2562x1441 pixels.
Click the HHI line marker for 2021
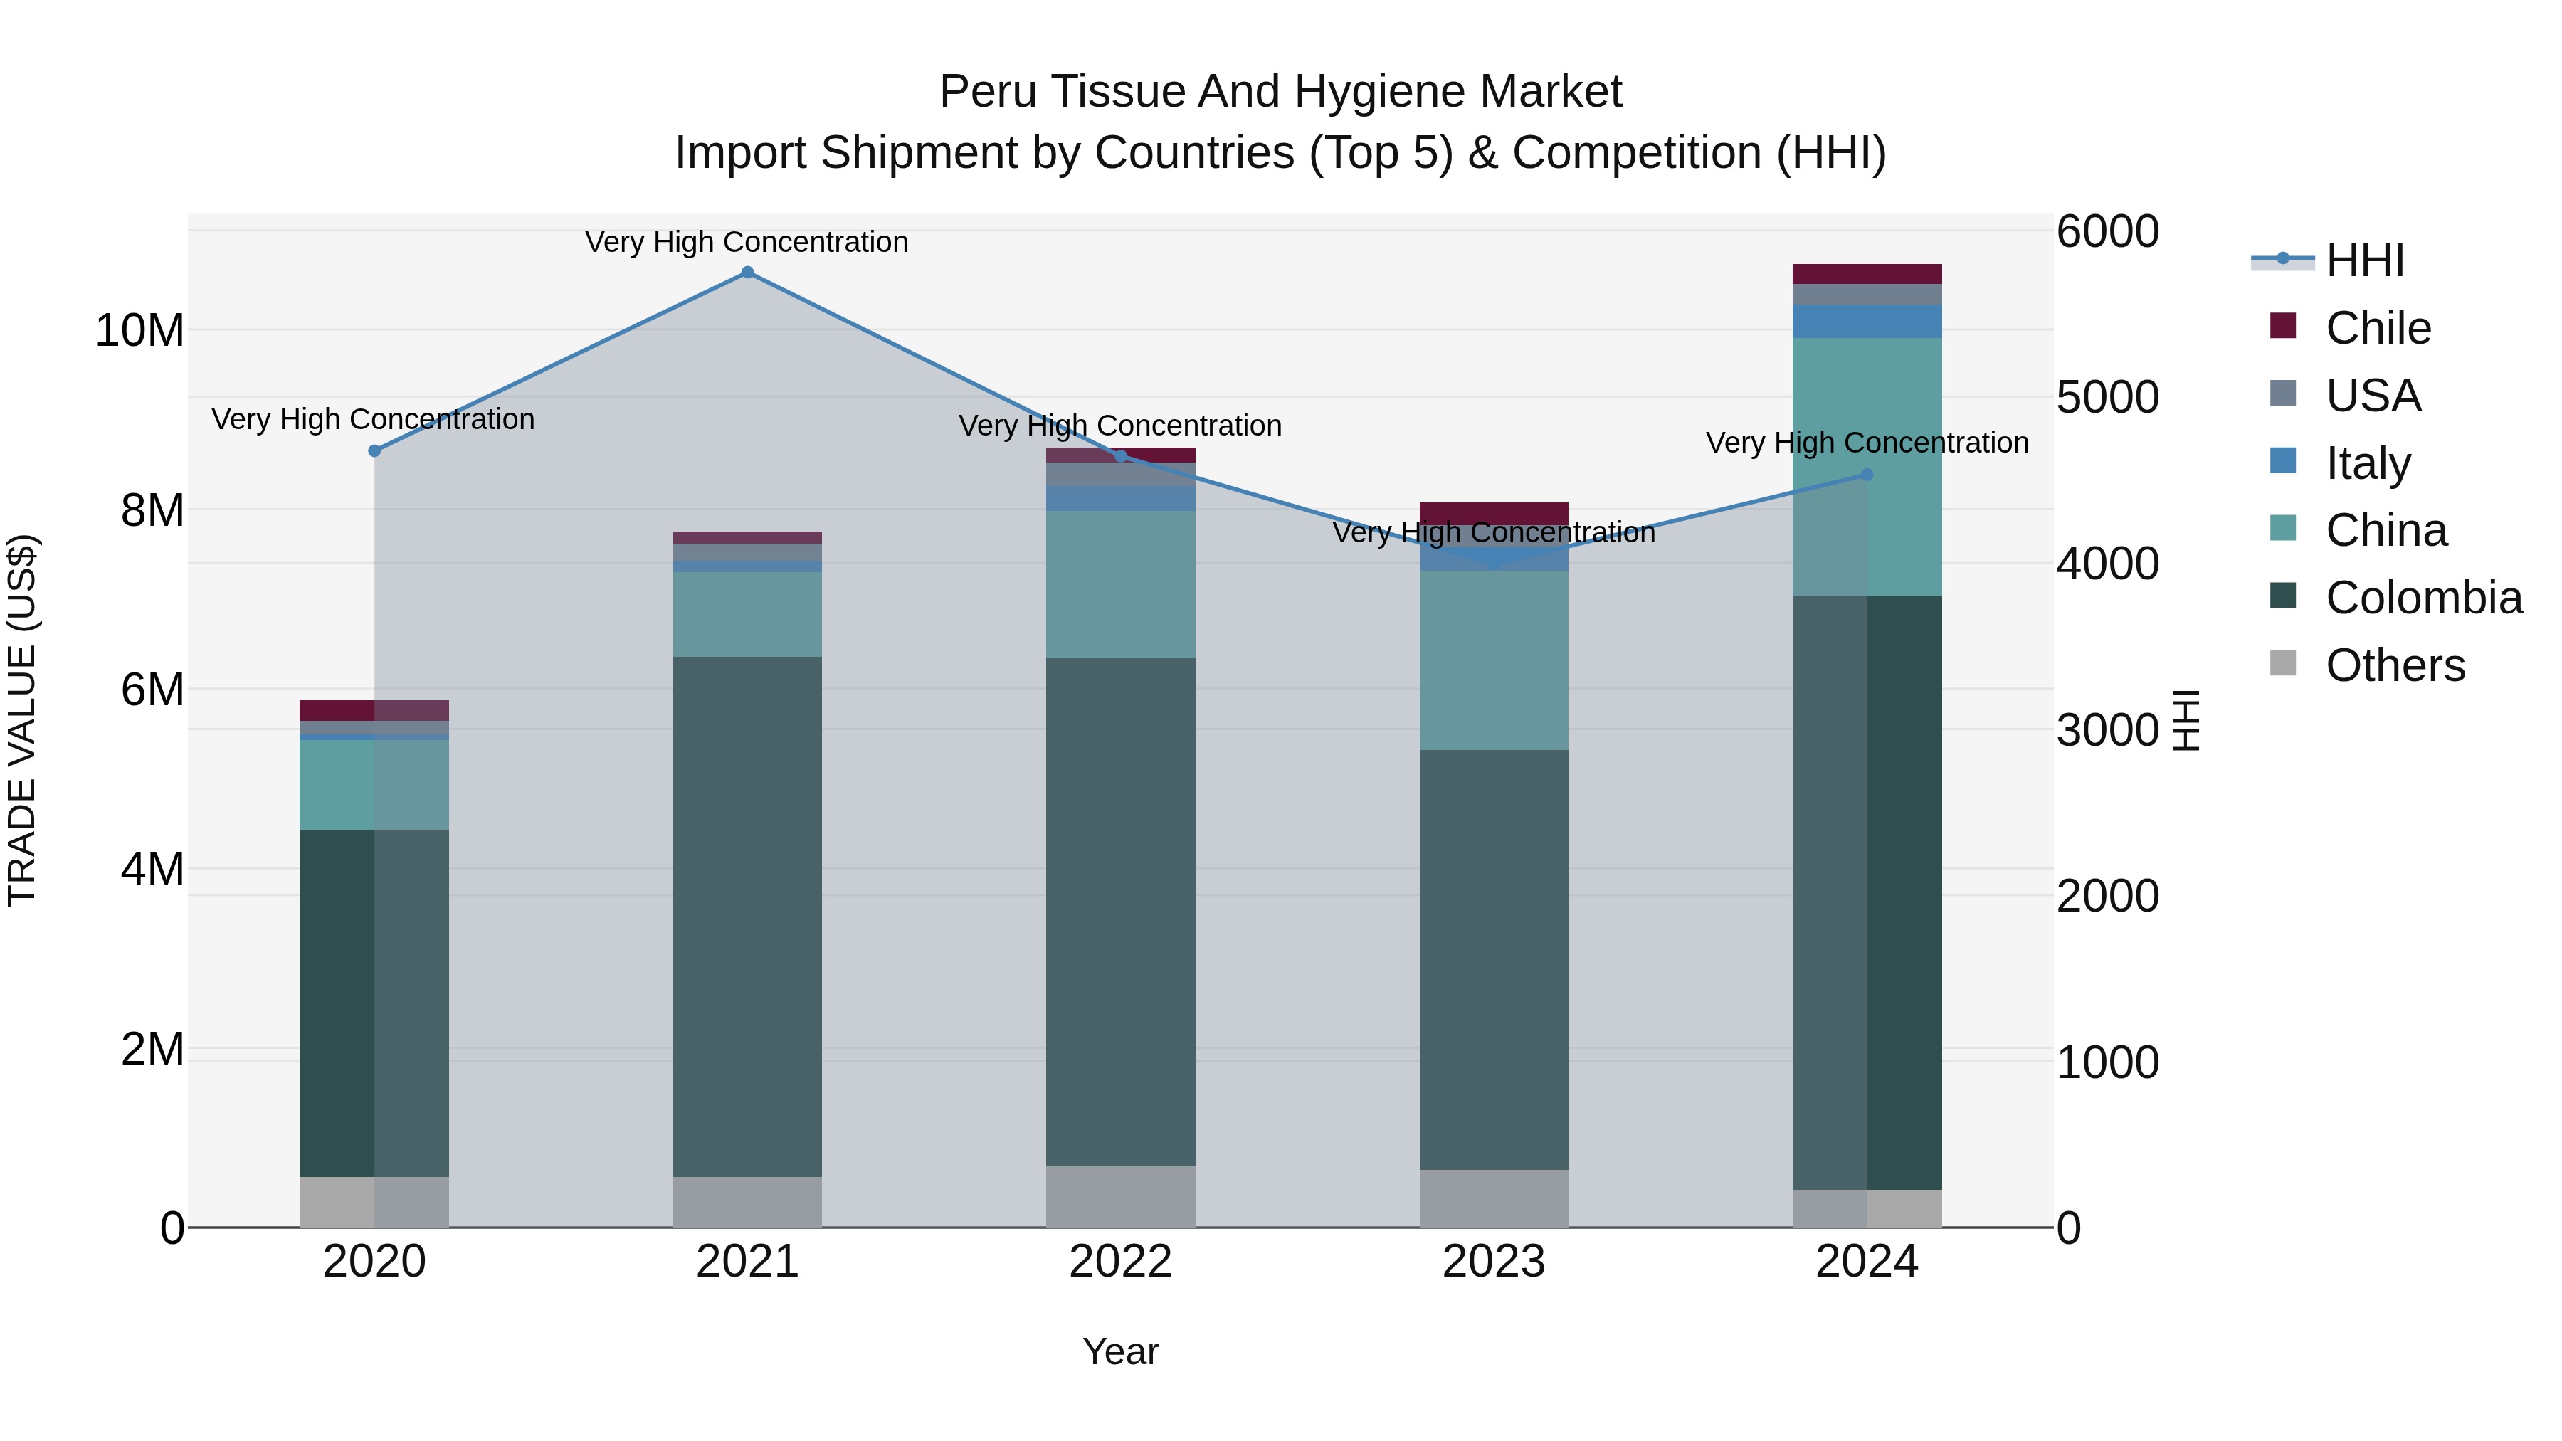click(x=747, y=273)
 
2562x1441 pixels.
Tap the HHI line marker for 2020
click(x=374, y=450)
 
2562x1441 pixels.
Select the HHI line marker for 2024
click(x=1867, y=475)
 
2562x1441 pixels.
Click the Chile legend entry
click(x=2377, y=328)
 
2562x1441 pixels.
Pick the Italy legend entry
click(x=2367, y=463)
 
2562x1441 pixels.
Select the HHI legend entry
click(x=2364, y=260)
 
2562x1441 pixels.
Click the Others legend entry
click(x=2394, y=665)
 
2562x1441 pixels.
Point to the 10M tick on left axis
click(x=139, y=330)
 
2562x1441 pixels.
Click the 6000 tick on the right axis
click(x=2107, y=232)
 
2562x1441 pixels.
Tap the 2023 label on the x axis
click(x=1493, y=1262)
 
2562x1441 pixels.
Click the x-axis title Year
click(x=1120, y=1351)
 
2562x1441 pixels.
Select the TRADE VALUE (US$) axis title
click(x=22, y=720)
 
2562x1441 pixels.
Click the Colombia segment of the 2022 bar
click(x=1120, y=910)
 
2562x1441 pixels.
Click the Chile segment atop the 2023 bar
click(x=1493, y=512)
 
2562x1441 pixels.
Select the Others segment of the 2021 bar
click(x=747, y=1201)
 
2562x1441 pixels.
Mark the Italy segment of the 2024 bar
click(x=1867, y=321)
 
